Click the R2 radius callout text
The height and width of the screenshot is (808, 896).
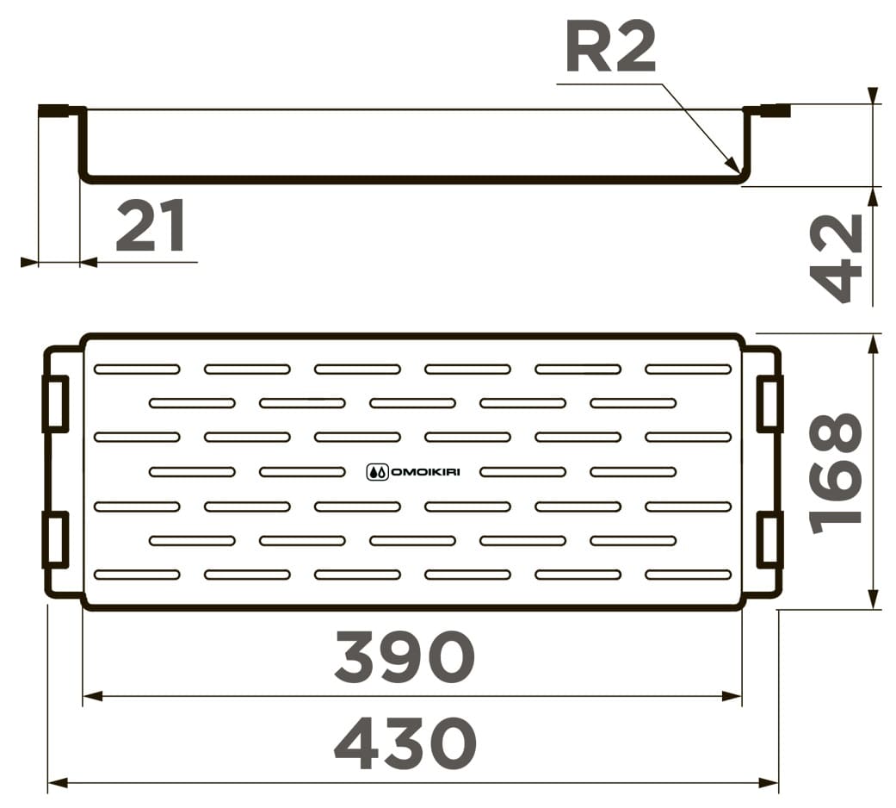(x=610, y=47)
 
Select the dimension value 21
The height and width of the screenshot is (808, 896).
(x=151, y=226)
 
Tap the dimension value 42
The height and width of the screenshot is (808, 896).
(x=836, y=258)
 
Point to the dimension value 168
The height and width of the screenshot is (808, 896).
(x=836, y=472)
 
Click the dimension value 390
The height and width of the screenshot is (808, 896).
(x=405, y=656)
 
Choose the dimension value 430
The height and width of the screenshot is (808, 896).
(x=405, y=744)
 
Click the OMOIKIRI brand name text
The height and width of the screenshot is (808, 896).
(x=425, y=472)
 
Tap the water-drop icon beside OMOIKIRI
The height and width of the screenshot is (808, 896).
(x=377, y=472)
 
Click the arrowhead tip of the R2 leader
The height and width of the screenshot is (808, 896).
(x=738, y=171)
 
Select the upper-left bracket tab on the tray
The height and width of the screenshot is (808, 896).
(x=56, y=404)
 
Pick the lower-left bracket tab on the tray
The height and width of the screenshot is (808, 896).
(x=56, y=540)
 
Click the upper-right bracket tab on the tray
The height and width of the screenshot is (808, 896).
(x=769, y=404)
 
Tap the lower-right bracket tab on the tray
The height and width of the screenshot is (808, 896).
(x=769, y=540)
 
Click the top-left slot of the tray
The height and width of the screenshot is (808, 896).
(x=137, y=370)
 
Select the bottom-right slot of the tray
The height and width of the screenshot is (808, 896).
(x=689, y=575)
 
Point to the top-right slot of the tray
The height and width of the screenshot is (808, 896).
(x=689, y=370)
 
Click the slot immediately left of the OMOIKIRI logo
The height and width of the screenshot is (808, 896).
(x=302, y=472)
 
